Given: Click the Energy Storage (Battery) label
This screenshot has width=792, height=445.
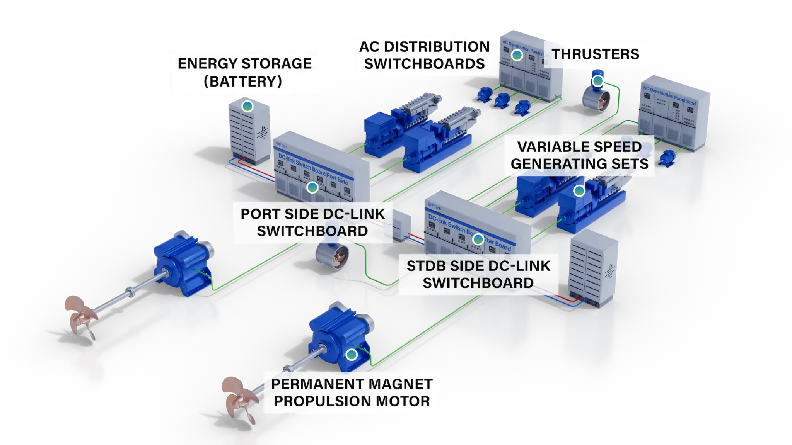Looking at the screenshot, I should coord(244,72).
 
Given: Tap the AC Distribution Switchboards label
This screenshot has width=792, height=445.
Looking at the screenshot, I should coord(424,55).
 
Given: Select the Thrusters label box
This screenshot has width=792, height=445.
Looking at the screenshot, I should coord(596,54).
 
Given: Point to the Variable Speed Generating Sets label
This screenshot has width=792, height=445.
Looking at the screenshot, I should coord(579,155).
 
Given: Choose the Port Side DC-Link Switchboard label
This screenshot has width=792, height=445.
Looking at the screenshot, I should coord(312,222).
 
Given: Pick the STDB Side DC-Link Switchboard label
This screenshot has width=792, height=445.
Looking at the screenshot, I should coord(478,274).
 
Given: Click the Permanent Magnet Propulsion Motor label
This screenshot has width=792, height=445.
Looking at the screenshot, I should coord(352,392).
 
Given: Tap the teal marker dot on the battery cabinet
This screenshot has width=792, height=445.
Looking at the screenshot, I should coord(247,106).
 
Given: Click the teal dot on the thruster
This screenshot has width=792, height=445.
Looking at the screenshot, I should coord(598,81).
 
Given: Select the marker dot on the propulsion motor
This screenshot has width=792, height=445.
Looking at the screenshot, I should coord(351,354).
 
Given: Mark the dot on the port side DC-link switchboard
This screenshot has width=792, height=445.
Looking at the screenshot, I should coord(312,188).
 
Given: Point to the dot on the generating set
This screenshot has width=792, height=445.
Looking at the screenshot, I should coord(579,190).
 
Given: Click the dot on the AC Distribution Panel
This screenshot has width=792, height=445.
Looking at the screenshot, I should coord(517,55).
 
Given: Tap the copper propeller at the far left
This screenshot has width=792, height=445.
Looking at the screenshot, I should coord(79,317).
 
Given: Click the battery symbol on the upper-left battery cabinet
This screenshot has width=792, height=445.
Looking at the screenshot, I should coord(263,134).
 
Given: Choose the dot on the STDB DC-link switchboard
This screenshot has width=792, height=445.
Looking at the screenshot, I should coord(478,239).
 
